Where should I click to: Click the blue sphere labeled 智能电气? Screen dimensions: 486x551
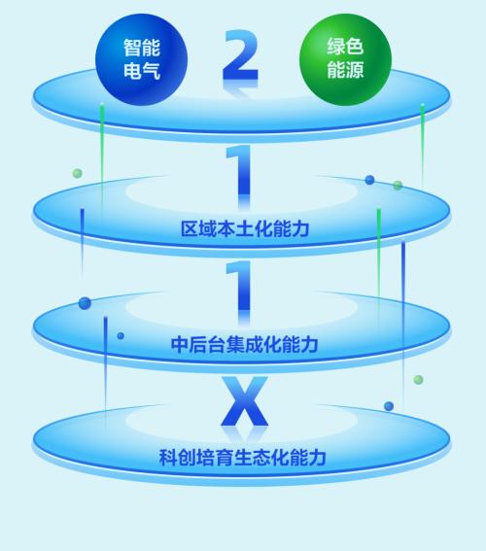[x=141, y=59]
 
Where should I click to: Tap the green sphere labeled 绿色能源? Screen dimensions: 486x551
[x=345, y=59]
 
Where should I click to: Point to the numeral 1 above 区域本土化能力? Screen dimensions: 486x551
[x=239, y=170]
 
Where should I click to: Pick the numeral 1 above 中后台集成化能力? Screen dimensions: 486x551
[x=239, y=286]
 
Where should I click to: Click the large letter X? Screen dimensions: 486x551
[x=245, y=401]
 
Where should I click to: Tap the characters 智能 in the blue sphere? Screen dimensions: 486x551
[x=142, y=48]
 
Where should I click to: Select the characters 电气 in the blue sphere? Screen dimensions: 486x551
[x=142, y=71]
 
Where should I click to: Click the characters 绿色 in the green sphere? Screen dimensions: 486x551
[x=345, y=46]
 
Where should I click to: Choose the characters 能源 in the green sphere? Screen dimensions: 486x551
[x=345, y=69]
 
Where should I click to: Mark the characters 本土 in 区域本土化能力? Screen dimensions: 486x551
[x=236, y=228]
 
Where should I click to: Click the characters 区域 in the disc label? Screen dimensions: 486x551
[x=199, y=228]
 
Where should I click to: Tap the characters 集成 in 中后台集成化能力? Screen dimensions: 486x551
[x=245, y=344]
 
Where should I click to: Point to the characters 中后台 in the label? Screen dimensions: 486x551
[x=198, y=344]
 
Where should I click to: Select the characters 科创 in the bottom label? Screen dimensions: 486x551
[x=178, y=458]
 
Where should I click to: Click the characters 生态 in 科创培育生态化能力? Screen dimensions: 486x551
[x=252, y=458]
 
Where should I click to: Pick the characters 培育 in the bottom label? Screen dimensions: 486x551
[x=215, y=458]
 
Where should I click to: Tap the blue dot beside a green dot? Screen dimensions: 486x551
[x=369, y=180]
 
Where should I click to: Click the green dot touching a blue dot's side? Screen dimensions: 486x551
[x=398, y=186]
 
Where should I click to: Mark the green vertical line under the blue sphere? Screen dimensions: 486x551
[x=102, y=158]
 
